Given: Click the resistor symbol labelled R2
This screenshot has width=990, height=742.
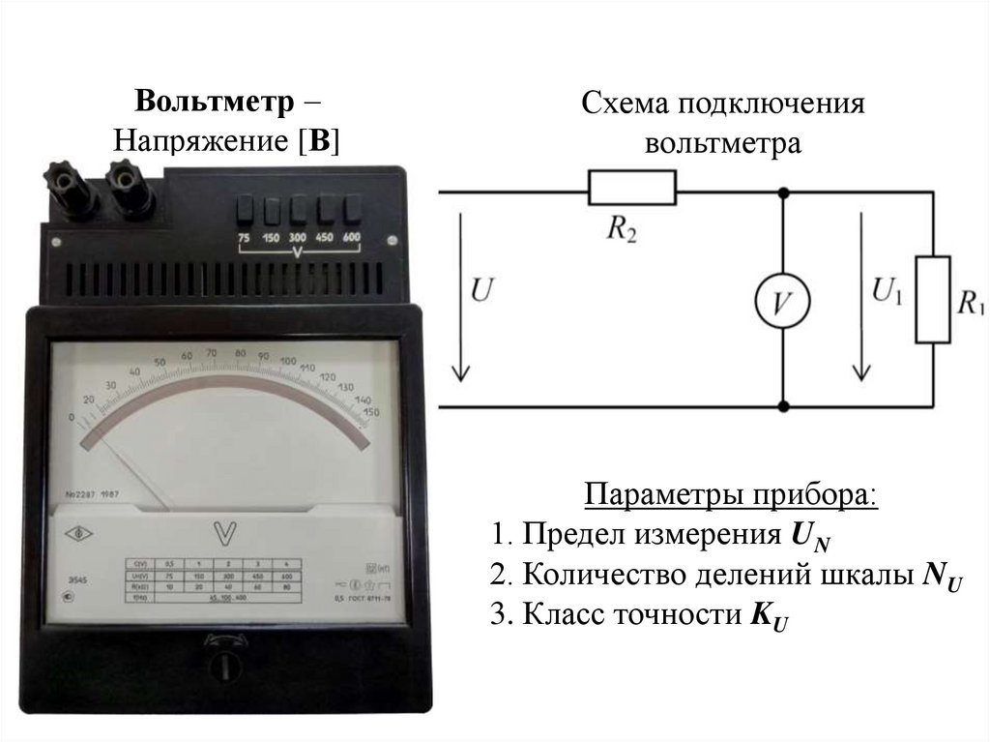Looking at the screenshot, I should pyautogui.click(x=631, y=187).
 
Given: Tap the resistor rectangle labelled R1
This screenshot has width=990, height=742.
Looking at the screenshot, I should pyautogui.click(x=933, y=299).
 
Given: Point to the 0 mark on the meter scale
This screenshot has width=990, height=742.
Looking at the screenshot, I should pyautogui.click(x=71, y=417).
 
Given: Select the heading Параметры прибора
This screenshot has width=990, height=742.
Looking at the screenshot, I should pyautogui.click(x=732, y=496).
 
